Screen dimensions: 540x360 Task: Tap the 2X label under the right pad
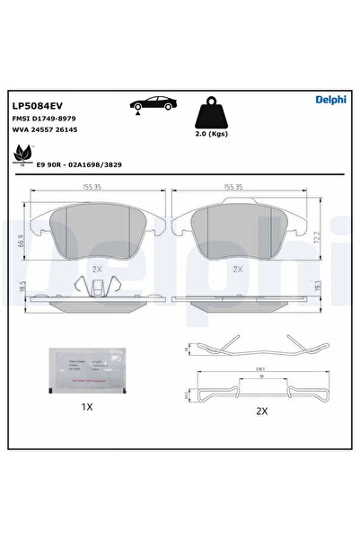pyautogui.click(x=239, y=268)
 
